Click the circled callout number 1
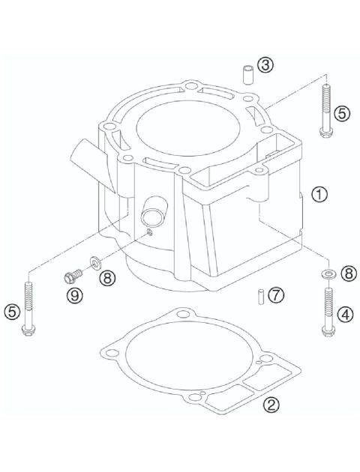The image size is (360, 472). (x=320, y=195)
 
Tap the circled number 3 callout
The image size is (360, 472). (x=264, y=66)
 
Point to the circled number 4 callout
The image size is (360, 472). (x=346, y=315)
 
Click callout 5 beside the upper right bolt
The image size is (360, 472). (x=342, y=114)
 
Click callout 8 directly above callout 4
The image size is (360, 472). (x=348, y=273)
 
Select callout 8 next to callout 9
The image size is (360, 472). (x=107, y=278)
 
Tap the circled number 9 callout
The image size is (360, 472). (x=74, y=296)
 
